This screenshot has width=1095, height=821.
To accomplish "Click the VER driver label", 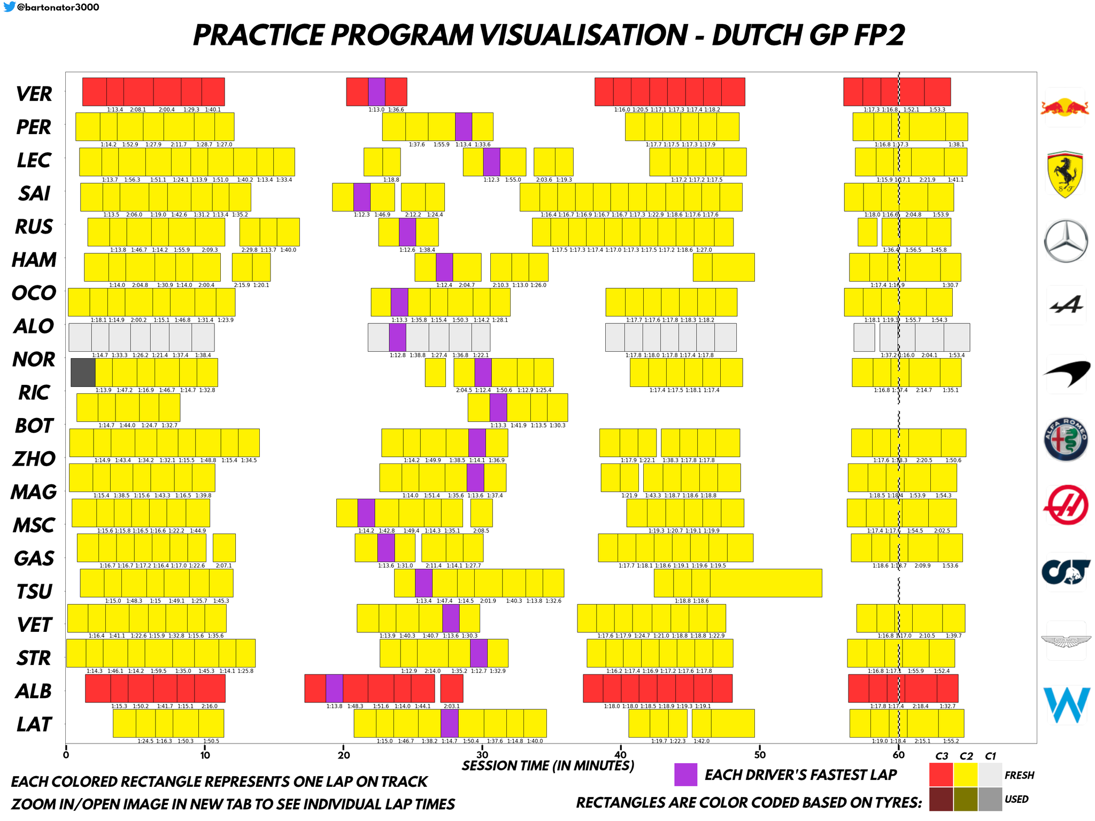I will [34, 94].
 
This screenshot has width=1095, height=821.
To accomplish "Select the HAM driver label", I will [34, 260].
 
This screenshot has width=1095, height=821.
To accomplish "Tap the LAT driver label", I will [34, 724].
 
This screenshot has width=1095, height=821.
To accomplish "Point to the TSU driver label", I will [34, 592].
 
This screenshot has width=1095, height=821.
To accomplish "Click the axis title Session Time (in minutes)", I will [548, 766].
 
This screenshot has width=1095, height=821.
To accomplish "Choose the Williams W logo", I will [1066, 704].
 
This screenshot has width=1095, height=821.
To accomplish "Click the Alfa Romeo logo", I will [1066, 439].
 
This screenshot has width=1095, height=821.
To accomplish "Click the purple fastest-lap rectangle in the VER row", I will [376, 91].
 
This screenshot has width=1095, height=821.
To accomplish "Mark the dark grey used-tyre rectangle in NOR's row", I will [83, 373].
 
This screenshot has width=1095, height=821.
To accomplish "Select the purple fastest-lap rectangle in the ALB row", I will [334, 688].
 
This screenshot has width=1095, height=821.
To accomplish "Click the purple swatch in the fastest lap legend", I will [685, 774].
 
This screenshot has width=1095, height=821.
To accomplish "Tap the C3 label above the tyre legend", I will [942, 756].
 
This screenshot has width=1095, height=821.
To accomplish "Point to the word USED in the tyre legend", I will [1016, 800].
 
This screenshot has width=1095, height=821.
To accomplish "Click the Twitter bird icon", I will [9, 7].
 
